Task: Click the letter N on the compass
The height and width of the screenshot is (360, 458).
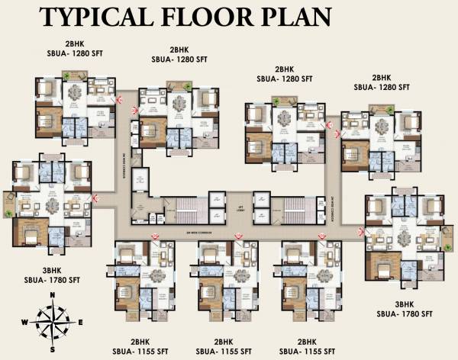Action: click(x=52, y=294)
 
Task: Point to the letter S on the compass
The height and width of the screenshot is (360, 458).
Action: click(x=52, y=349)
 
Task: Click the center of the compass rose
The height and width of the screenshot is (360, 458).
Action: click(x=52, y=322)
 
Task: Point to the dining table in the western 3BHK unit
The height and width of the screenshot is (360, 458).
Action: click(x=52, y=206)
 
